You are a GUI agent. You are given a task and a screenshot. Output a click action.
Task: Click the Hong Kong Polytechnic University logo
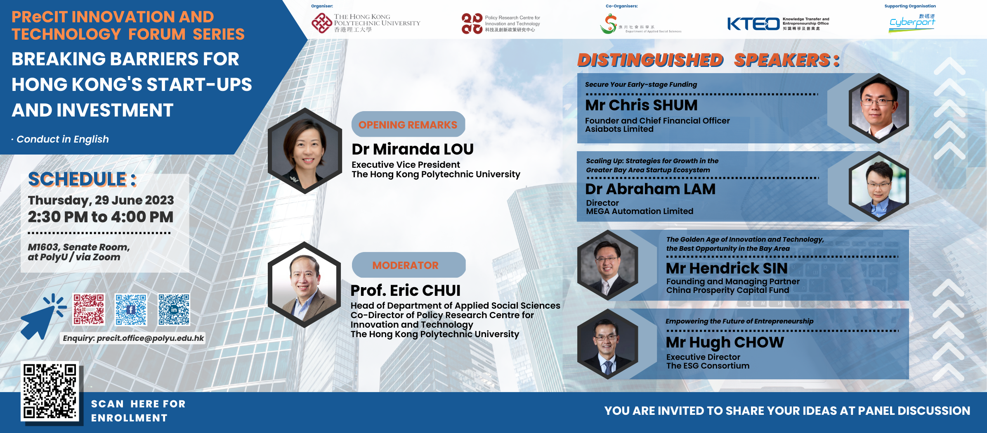(366, 23)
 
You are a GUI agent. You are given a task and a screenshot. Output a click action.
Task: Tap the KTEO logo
(777, 24)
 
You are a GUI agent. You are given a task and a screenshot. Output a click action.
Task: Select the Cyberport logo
(912, 23)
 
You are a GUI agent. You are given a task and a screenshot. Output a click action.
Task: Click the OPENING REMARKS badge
(408, 124)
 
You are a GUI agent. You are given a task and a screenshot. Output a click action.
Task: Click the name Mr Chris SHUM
(641, 105)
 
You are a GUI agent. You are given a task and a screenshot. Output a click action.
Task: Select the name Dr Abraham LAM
(650, 189)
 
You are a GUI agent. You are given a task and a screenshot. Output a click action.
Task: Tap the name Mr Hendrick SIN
(726, 269)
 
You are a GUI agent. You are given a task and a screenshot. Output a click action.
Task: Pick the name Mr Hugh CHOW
(725, 342)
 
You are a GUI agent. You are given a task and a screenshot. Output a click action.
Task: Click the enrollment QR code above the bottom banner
(50, 391)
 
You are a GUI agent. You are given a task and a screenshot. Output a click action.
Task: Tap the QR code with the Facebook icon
(131, 309)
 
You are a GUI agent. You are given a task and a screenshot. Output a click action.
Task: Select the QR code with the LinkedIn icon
(174, 309)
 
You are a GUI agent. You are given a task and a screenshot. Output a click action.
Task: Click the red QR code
(89, 309)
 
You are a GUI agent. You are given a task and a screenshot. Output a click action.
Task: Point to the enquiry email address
(133, 338)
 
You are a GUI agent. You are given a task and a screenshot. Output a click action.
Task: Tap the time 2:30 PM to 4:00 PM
(101, 217)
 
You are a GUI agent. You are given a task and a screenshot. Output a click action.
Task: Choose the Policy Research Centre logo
(501, 24)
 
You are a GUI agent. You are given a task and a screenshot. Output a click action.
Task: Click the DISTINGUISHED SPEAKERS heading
(708, 60)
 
